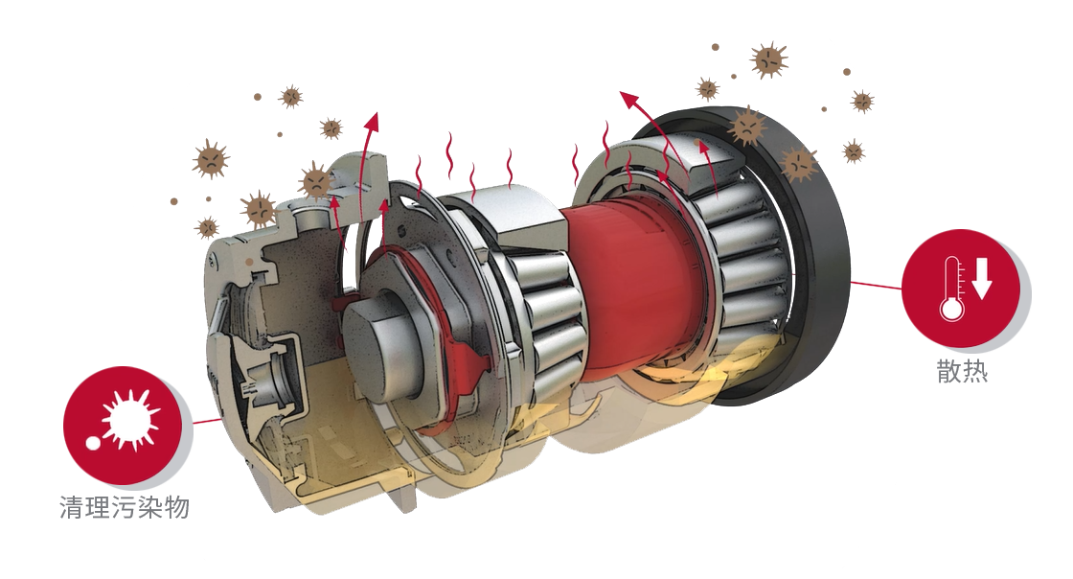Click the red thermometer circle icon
click(961, 288)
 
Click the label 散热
click(962, 370)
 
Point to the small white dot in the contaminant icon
click(92, 443)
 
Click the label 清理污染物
click(125, 508)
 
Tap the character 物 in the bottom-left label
click(177, 508)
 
